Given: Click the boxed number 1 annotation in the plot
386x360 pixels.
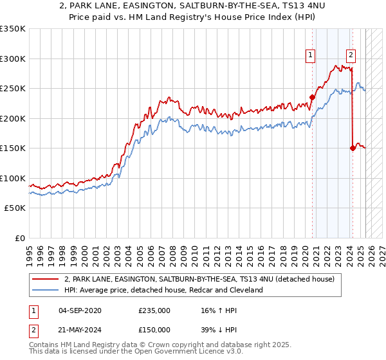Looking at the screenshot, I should (311, 55).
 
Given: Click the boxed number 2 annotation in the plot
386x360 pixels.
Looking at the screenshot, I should (351, 55).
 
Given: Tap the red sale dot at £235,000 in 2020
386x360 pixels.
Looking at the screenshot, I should (313, 98).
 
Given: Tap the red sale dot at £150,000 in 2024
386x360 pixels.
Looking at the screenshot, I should (353, 148).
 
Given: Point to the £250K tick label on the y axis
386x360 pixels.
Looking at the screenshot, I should (13, 89).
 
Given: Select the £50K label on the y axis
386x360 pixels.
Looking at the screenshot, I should (15, 208).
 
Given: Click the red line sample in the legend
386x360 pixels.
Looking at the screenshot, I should (44, 280).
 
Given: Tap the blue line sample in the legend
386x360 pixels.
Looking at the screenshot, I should (44, 291).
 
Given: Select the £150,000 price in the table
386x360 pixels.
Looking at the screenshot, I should (154, 329).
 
